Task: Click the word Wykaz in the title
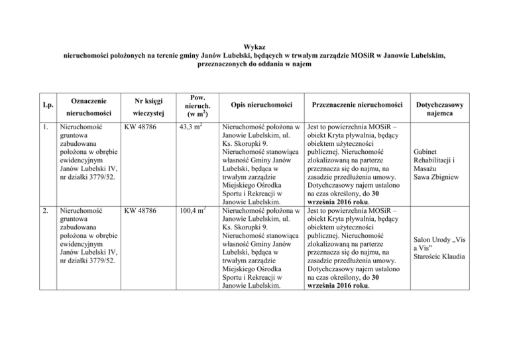tap(254, 48)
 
